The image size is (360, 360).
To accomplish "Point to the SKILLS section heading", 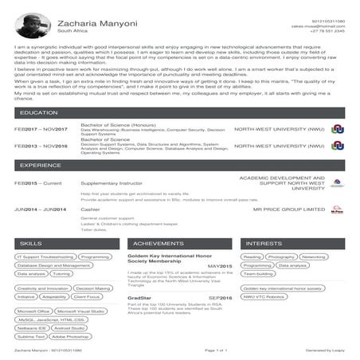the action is click(31, 242).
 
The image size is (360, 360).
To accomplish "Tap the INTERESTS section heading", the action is click(264, 242).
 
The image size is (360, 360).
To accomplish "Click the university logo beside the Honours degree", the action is click(338, 129).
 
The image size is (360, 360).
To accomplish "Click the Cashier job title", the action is click(90, 209).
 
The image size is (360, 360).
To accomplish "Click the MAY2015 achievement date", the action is click(219, 265).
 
